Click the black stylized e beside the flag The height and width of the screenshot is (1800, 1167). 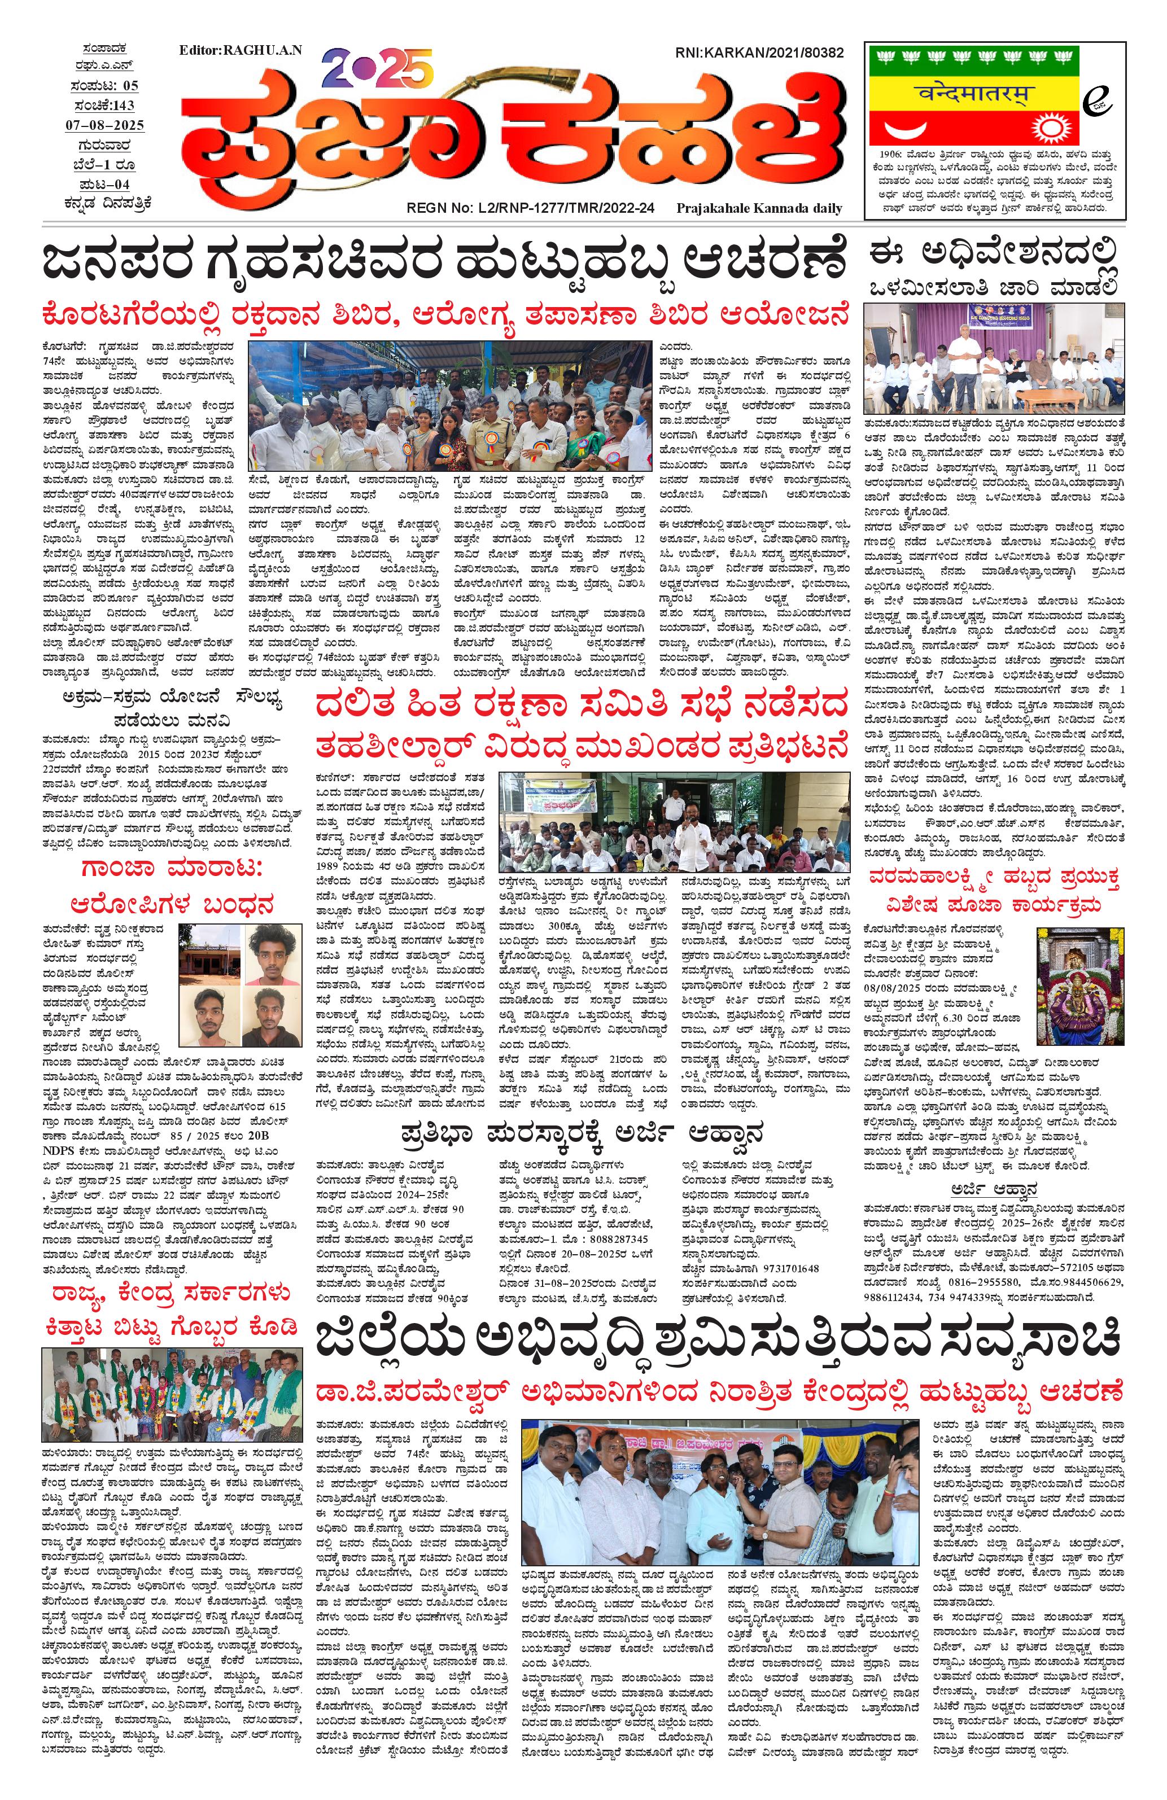point(1091,107)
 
